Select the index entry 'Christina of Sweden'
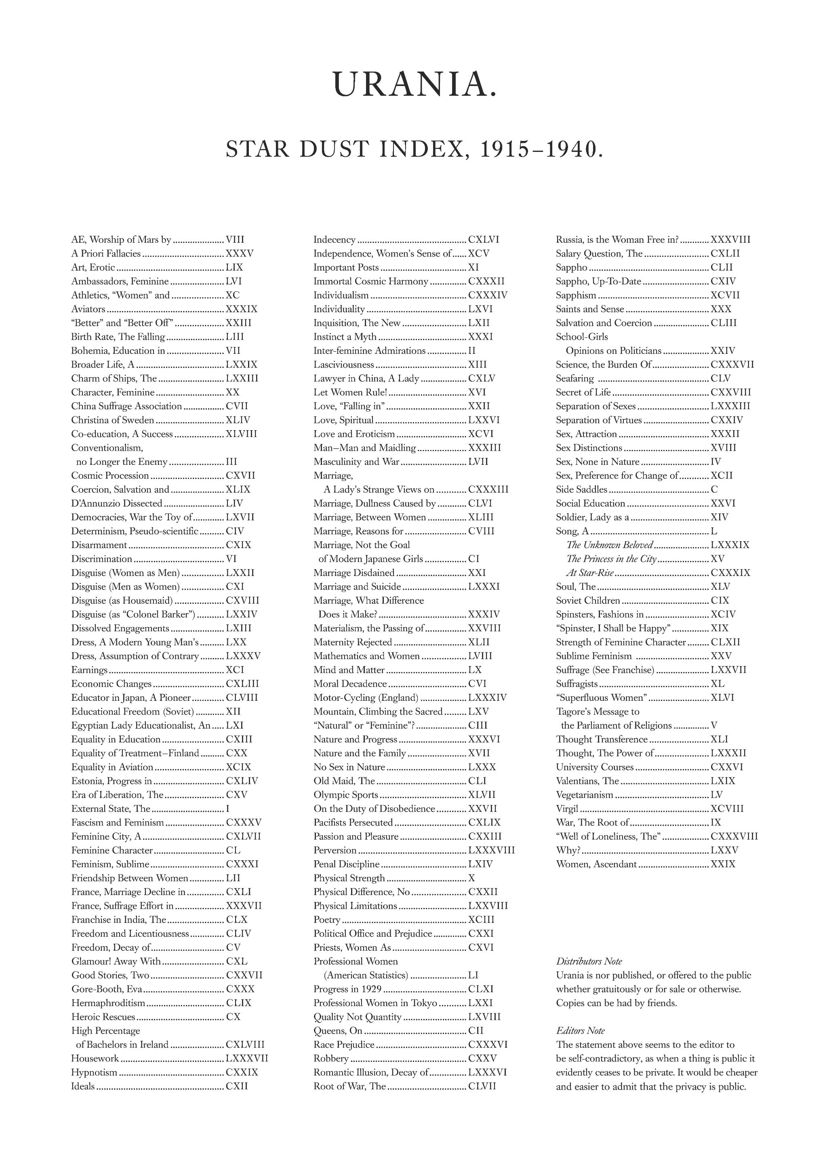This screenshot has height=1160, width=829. click(x=112, y=420)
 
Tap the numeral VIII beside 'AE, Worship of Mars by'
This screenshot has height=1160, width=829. click(x=235, y=240)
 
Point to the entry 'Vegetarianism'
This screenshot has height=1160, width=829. click(x=585, y=794)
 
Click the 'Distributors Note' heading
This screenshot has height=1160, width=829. click(x=589, y=961)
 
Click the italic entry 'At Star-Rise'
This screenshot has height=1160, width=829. click(x=589, y=573)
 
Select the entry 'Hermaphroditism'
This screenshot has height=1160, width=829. click(x=108, y=1003)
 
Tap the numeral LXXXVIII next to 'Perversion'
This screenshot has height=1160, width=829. click(x=491, y=850)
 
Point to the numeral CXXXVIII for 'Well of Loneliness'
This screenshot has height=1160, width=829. click(x=734, y=836)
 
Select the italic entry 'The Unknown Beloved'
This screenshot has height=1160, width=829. click(x=610, y=545)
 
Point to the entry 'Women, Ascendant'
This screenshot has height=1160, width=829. click(x=596, y=864)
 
